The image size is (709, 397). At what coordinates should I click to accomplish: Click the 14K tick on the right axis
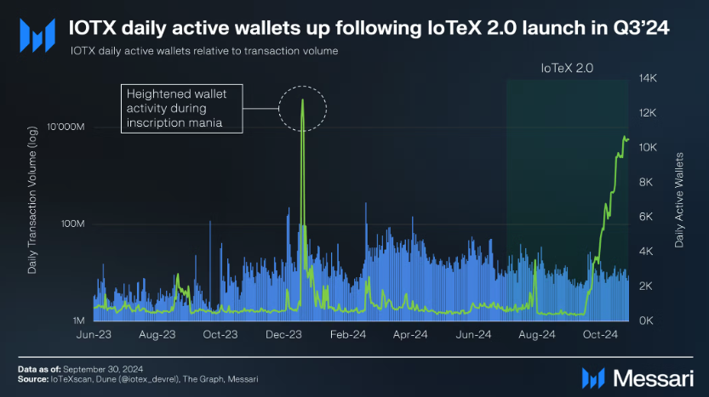[x=649, y=78]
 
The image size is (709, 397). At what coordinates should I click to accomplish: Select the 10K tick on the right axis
[x=649, y=148]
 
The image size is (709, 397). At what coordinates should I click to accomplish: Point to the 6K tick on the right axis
[x=649, y=217]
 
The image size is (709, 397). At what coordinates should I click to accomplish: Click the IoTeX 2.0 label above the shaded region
[x=567, y=66]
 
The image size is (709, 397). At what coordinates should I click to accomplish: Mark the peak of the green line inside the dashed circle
[x=303, y=100]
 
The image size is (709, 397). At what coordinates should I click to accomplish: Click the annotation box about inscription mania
[x=181, y=108]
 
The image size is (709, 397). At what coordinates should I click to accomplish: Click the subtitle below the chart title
[x=205, y=51]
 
